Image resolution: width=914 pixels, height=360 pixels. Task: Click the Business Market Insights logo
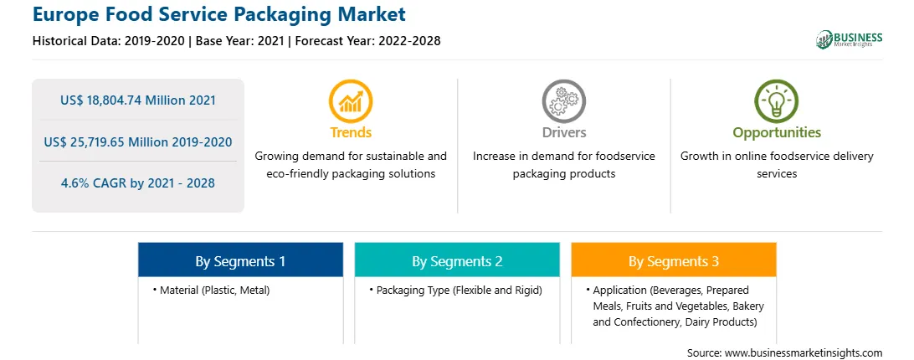(850, 39)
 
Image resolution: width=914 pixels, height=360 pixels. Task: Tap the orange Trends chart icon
(351, 100)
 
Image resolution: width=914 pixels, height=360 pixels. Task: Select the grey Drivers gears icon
(563, 100)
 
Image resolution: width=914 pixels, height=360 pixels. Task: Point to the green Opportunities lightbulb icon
(777, 100)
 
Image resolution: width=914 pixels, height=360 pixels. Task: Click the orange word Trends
(351, 132)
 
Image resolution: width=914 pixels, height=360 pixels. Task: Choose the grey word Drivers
(563, 132)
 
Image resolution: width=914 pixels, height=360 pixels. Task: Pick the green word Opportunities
(777, 133)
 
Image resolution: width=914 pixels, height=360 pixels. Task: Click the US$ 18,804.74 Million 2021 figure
(138, 100)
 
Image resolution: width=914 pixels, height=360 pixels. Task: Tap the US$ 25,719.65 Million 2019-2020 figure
(138, 141)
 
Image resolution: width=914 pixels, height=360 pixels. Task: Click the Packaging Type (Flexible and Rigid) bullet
(456, 290)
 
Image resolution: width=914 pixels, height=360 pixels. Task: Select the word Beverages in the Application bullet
(674, 290)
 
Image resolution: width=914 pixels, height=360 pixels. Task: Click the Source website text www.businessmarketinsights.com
(804, 352)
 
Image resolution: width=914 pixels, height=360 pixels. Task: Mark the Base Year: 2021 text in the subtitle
(240, 41)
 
